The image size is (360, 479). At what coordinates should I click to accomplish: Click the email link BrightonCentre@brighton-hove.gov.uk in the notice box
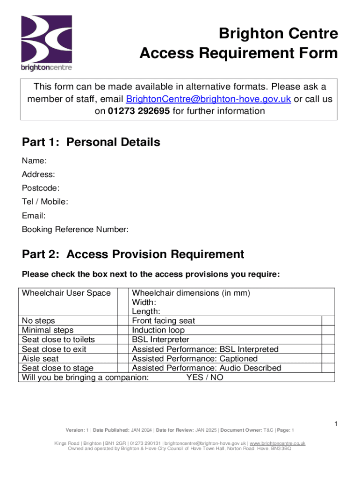(x=209, y=99)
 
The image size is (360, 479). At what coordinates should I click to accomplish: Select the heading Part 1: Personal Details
(x=91, y=142)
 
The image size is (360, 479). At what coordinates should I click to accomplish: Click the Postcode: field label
(x=41, y=188)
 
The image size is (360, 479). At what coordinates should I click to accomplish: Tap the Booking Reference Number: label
(x=75, y=230)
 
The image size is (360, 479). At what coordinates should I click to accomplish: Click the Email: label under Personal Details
(x=34, y=216)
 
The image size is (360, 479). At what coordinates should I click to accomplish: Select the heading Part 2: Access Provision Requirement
(x=133, y=254)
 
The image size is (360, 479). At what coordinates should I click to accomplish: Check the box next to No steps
(x=122, y=321)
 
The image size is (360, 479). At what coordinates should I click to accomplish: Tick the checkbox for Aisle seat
(x=122, y=358)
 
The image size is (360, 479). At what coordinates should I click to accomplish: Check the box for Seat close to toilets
(x=122, y=340)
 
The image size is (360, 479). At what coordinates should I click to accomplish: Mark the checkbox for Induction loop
(x=328, y=330)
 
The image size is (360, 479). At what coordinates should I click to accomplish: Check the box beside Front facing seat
(x=328, y=321)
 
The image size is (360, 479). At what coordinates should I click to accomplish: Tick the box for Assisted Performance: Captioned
(x=328, y=358)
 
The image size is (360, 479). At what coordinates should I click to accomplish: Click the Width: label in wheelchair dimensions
(x=144, y=302)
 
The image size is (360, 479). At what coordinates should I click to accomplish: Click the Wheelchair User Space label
(x=66, y=293)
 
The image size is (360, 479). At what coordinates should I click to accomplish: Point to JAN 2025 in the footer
(x=206, y=430)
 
